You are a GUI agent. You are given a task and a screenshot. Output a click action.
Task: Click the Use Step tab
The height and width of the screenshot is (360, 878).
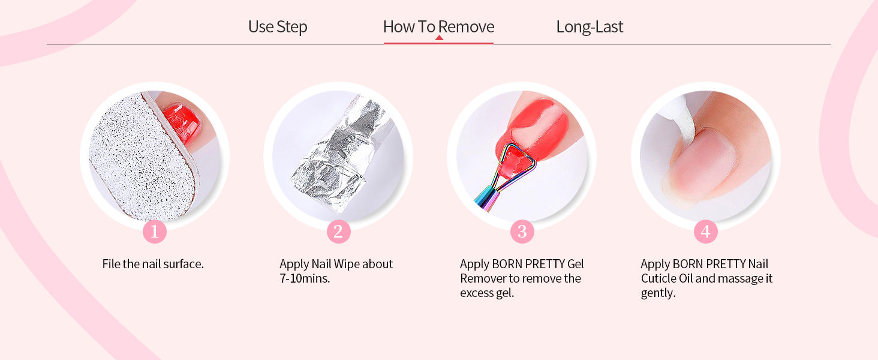[278, 26]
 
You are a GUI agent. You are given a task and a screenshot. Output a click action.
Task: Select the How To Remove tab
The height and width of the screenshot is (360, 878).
[438, 26]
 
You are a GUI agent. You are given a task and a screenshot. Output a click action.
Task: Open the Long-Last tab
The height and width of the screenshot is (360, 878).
[590, 26]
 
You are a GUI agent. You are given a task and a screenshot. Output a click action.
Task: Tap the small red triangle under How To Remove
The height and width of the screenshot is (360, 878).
[439, 38]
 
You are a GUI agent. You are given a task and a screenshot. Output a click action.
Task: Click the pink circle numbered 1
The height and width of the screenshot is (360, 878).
[155, 232]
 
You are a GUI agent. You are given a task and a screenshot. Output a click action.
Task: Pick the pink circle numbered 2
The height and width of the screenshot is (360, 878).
[339, 232]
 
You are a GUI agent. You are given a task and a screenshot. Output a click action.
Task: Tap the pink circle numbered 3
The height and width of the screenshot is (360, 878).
[522, 232]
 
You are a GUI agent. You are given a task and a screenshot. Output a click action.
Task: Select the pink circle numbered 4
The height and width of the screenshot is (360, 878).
[705, 232]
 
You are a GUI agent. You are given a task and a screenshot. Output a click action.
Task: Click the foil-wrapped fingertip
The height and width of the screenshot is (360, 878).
[337, 157]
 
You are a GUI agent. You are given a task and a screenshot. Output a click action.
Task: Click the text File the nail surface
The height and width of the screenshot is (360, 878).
[153, 264]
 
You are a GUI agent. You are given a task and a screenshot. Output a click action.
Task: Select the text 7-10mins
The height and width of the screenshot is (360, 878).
[305, 278]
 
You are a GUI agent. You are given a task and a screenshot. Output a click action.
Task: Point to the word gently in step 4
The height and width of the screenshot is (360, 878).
[658, 293]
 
